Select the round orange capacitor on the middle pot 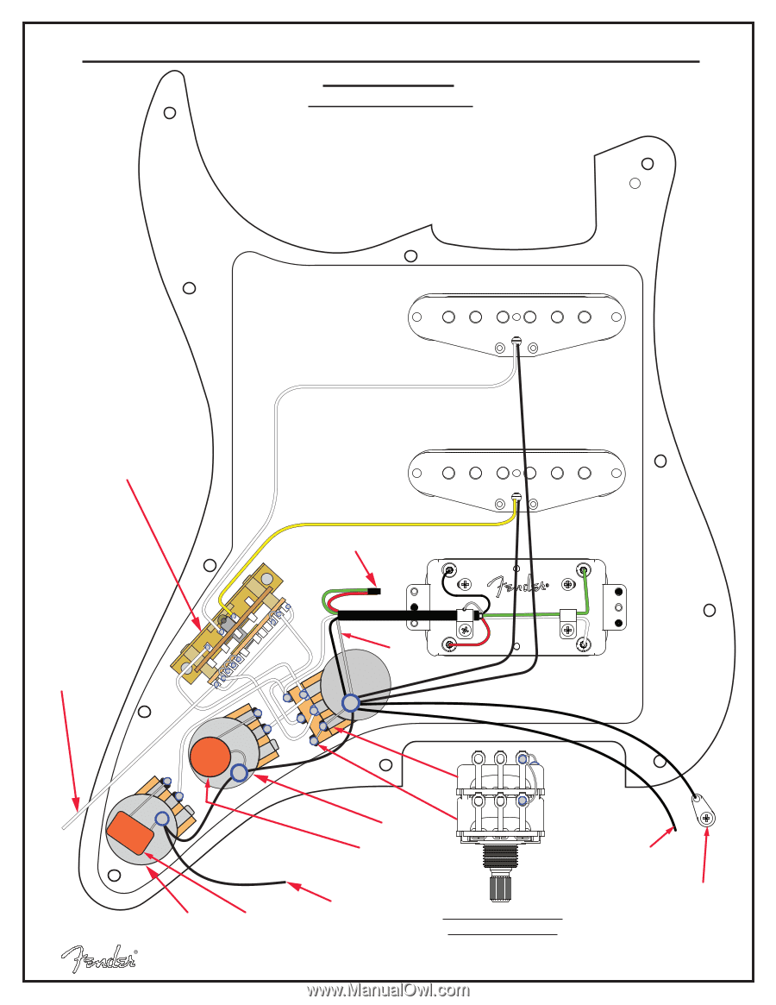tap(210, 757)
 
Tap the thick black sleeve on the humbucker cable tap(397, 615)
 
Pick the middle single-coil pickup tap(516, 474)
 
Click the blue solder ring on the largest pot tap(350, 703)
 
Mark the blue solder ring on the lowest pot tap(162, 818)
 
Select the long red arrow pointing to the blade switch tap(164, 552)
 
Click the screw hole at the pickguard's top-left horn tap(170, 112)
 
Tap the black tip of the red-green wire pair tap(376, 592)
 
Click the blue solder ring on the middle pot tap(239, 773)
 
